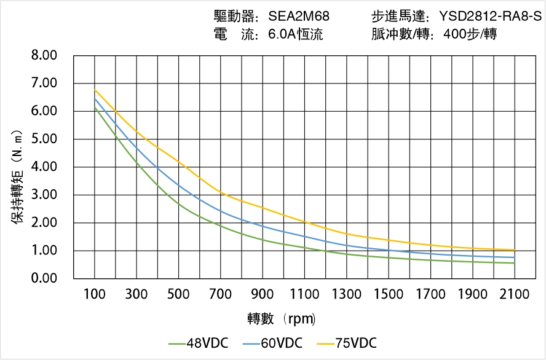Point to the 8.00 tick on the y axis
44,55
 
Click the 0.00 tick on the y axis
44,278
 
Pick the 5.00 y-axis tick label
44,139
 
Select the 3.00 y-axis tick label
44,195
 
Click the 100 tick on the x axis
95,294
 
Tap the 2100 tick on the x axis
515,294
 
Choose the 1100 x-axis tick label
304,294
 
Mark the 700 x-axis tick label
221,294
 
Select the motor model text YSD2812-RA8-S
489,17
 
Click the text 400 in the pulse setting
454,34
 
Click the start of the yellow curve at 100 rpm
95,90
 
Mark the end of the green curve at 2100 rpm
515,263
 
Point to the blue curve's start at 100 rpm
95,98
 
